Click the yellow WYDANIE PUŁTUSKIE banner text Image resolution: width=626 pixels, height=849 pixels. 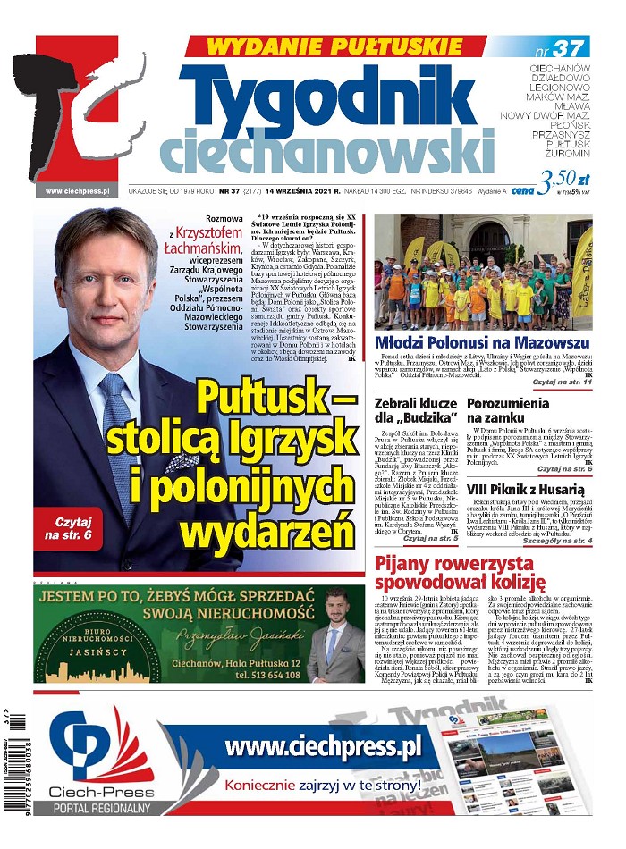pos(335,46)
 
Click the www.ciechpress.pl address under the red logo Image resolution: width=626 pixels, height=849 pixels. pos(76,190)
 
